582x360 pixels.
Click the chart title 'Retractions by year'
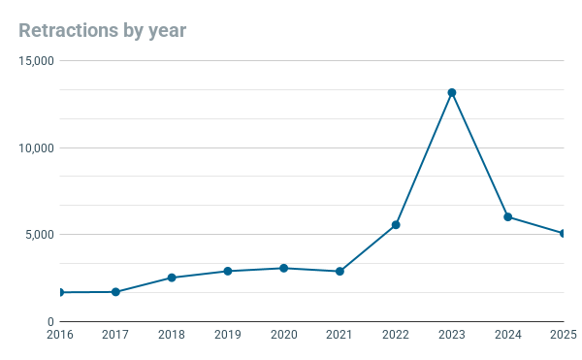103,31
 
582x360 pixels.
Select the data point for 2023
452,92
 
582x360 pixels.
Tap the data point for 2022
396,225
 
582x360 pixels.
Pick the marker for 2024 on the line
507,217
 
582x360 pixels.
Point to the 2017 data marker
115,292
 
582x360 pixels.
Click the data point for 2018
172,278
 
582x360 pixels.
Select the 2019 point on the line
228,272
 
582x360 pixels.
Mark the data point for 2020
283,269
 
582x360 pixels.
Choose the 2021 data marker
339,272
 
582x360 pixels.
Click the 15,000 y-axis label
37,61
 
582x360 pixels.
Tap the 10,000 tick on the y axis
37,148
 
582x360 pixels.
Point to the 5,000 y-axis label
40,235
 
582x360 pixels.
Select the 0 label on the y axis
50,322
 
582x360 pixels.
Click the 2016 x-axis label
60,335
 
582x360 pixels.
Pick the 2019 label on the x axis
228,335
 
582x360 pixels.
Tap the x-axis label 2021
339,335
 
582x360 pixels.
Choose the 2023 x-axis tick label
452,335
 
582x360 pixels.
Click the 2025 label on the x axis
564,335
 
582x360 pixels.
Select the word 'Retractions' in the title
69,30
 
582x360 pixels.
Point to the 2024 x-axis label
507,335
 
